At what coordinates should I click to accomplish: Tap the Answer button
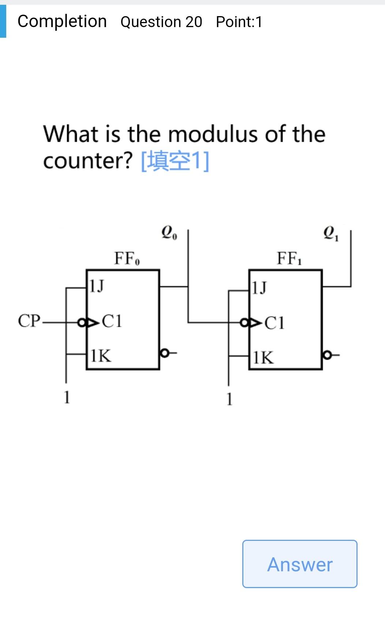pyautogui.click(x=299, y=564)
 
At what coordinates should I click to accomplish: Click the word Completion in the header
pyautogui.click(x=62, y=21)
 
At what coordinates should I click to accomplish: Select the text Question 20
pyautogui.click(x=161, y=22)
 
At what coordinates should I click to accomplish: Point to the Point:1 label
pyautogui.click(x=239, y=22)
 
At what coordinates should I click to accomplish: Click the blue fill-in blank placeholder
pyautogui.click(x=175, y=161)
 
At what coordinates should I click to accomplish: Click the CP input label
pyautogui.click(x=29, y=321)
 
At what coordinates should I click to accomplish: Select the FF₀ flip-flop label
pyautogui.click(x=127, y=259)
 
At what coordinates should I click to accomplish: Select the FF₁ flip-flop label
pyautogui.click(x=289, y=259)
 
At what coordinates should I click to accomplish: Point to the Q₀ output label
pyautogui.click(x=169, y=233)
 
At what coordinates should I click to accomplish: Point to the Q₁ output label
pyautogui.click(x=331, y=233)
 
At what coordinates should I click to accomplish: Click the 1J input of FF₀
pyautogui.click(x=97, y=286)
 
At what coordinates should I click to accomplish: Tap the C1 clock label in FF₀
pyautogui.click(x=112, y=321)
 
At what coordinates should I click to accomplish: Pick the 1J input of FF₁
pyautogui.click(x=259, y=288)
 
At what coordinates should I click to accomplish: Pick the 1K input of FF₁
pyautogui.click(x=263, y=357)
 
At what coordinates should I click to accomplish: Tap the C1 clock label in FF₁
pyautogui.click(x=274, y=323)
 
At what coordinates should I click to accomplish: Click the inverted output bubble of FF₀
pyautogui.click(x=164, y=353)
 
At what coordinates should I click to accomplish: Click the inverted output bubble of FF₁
pyautogui.click(x=327, y=355)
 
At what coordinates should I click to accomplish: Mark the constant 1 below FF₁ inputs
pyautogui.click(x=229, y=399)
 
